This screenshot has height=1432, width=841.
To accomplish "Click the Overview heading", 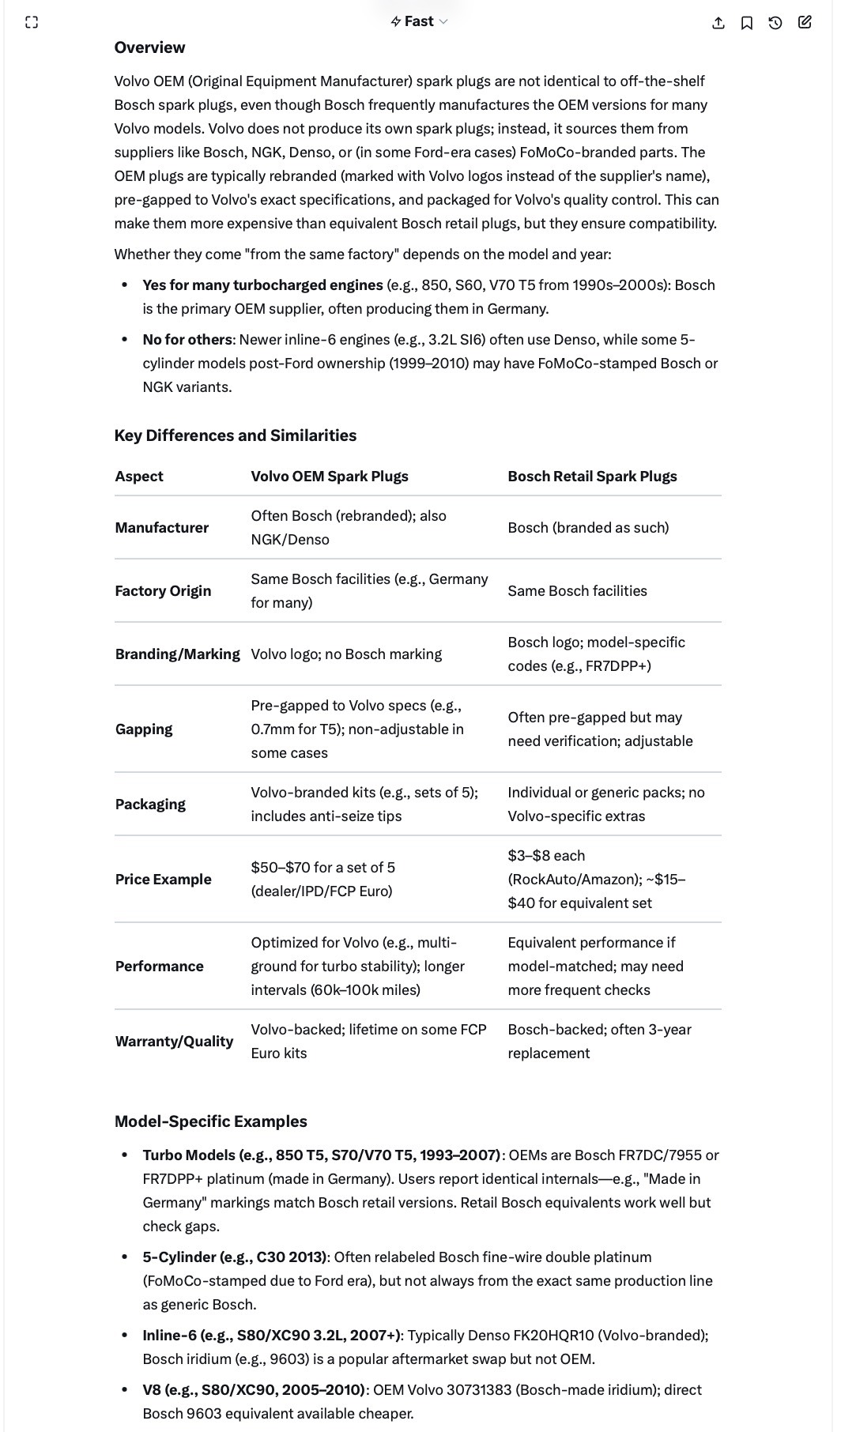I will click(149, 47).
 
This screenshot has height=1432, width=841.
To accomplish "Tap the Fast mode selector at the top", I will click(419, 21).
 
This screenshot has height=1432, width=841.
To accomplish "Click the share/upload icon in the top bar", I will click(718, 23).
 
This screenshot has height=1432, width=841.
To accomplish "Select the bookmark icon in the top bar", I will click(747, 23).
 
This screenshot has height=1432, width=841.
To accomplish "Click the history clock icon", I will click(775, 23).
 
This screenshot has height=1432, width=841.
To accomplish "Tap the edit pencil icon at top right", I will click(805, 22).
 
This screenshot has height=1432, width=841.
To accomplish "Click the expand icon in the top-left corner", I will click(32, 22).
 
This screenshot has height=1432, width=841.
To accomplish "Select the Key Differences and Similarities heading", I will click(235, 435).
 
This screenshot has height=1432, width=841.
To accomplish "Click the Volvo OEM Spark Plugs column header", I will click(330, 477).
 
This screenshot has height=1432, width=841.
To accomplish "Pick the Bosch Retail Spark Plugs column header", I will click(592, 477).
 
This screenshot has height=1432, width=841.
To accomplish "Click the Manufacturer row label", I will click(161, 528).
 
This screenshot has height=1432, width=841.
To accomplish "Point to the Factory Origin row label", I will click(163, 591).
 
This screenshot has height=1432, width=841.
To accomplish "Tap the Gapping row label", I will click(144, 729).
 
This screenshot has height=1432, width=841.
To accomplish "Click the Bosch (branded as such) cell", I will click(588, 528).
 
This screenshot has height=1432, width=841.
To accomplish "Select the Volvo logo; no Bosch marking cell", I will click(346, 654).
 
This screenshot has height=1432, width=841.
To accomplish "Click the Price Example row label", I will click(163, 880).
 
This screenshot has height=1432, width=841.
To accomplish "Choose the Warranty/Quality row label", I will click(174, 1042).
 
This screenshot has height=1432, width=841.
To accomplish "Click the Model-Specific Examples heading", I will click(210, 1121).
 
